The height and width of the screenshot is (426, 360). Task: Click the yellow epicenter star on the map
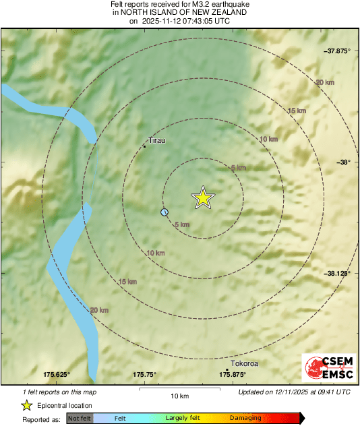click(x=203, y=198)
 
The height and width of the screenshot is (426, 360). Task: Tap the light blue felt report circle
click(x=164, y=212)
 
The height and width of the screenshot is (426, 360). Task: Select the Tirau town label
click(x=156, y=141)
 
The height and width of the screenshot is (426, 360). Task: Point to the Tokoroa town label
click(x=245, y=363)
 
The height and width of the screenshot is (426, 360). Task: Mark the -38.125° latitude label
click(x=336, y=273)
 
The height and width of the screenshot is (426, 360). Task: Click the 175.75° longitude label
click(x=144, y=375)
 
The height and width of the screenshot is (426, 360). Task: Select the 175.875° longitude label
click(x=233, y=375)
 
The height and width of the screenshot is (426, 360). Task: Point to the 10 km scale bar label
click(x=179, y=396)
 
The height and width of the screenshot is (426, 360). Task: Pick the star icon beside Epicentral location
click(x=26, y=406)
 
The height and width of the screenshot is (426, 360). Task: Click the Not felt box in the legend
click(x=80, y=419)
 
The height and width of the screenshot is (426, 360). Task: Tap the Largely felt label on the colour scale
click(x=181, y=419)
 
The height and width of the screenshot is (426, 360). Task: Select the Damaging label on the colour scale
click(x=245, y=419)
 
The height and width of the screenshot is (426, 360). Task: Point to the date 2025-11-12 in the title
click(x=162, y=21)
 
